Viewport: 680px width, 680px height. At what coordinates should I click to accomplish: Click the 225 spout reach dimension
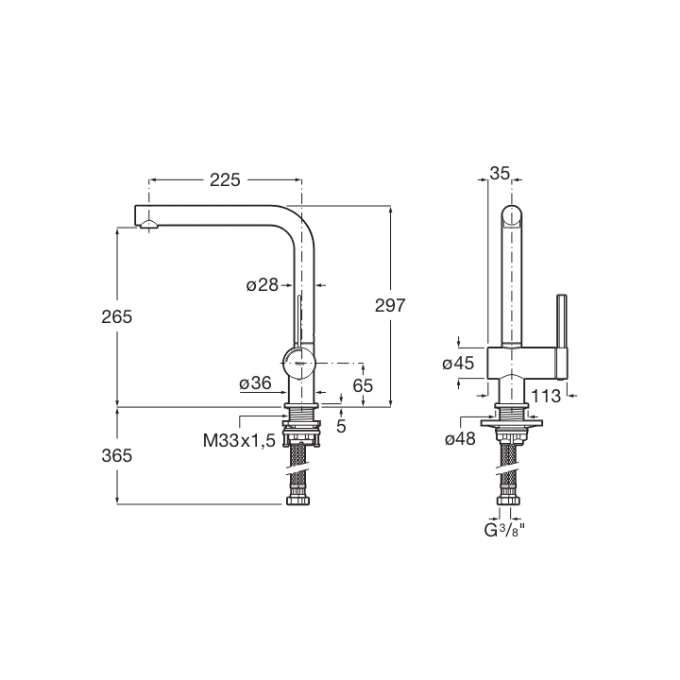tap(225, 180)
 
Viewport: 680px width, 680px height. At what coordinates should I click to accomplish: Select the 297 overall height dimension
tap(390, 306)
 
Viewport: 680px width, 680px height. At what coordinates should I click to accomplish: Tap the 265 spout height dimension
tap(117, 317)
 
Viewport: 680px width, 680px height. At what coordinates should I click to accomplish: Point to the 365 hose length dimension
tap(117, 456)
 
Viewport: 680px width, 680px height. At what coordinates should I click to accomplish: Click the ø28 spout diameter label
tap(262, 285)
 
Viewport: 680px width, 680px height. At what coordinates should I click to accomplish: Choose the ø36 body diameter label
tap(255, 382)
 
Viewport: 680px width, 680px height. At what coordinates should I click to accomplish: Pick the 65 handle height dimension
tap(363, 385)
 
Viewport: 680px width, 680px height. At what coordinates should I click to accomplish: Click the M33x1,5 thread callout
tap(239, 441)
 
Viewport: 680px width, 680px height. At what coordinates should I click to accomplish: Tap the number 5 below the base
tap(341, 426)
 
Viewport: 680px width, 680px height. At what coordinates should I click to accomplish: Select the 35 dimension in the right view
tap(500, 174)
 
